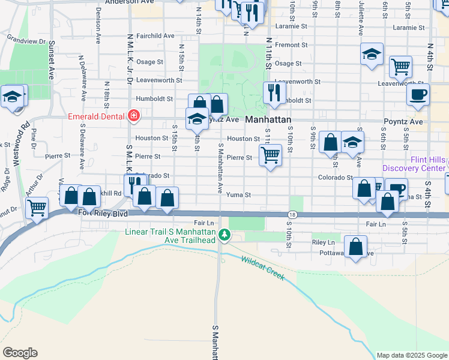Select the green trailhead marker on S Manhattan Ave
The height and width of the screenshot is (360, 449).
(224, 235)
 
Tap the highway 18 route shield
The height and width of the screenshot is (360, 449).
(292, 215)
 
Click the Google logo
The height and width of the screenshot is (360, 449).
(20, 352)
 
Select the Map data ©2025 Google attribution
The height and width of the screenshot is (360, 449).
(411, 355)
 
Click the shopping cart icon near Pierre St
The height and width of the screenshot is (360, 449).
(271, 155)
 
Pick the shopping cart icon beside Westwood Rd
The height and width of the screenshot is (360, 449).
(37, 208)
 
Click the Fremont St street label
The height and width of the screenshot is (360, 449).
(292, 45)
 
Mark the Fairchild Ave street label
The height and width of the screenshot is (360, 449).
(155, 36)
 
